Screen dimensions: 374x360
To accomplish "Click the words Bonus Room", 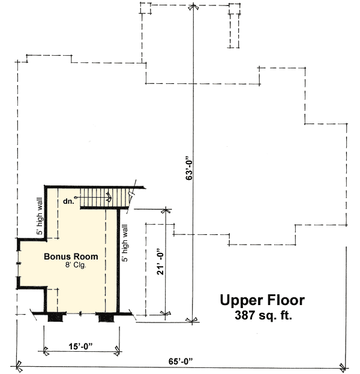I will [71, 257].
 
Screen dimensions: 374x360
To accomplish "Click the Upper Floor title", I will [262, 300].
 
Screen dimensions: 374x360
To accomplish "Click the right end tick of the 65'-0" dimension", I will [343, 366].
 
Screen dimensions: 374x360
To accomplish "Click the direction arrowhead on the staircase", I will [109, 195].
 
